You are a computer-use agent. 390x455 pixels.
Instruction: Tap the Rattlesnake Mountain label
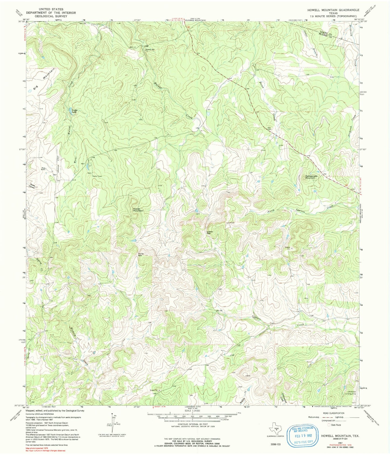(310, 177)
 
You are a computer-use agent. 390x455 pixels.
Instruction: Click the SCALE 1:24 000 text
(192, 411)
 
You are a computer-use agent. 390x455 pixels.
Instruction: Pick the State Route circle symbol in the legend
(328, 425)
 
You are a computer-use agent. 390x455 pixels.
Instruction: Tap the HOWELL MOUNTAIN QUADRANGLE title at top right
(333, 10)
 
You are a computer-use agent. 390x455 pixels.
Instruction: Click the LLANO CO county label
(324, 32)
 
